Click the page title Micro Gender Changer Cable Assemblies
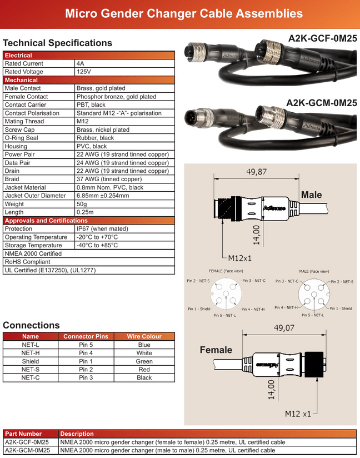pyautogui.click(x=183, y=13)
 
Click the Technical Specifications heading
pyautogui.click(x=57, y=43)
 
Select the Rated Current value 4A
pyautogui.click(x=81, y=64)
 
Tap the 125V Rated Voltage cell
pyautogui.click(x=84, y=72)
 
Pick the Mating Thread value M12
pyautogui.click(x=83, y=121)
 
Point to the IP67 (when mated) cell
pyautogui.click(x=102, y=228)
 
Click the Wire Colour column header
pyautogui.click(x=144, y=336)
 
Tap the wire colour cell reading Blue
pyautogui.click(x=144, y=345)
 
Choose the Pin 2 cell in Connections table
pyautogui.click(x=86, y=369)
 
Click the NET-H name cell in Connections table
pyautogui.click(x=30, y=353)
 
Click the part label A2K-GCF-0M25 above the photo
pyautogui.click(x=322, y=38)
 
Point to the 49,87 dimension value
pyautogui.click(x=257, y=172)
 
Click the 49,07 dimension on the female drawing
pyautogui.click(x=284, y=328)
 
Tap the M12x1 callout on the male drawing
pyautogui.click(x=240, y=258)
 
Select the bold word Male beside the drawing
pyautogui.click(x=311, y=195)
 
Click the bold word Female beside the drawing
pyautogui.click(x=216, y=350)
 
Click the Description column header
pyautogui.click(x=77, y=434)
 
